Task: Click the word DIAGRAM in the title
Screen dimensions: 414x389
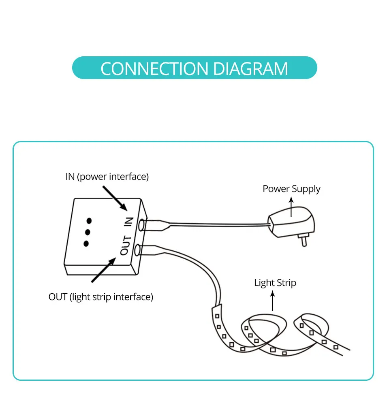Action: point(250,68)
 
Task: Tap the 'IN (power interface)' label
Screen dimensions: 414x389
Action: point(107,177)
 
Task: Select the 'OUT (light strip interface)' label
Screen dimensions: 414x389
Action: point(101,297)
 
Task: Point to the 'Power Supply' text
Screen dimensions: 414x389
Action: point(291,189)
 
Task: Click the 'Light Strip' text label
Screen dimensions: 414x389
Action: point(275,283)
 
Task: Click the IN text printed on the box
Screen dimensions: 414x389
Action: point(128,221)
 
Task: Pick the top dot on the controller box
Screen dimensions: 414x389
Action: point(89,221)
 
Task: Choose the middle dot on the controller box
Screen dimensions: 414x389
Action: point(87,232)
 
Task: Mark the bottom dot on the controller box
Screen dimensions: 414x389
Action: point(85,243)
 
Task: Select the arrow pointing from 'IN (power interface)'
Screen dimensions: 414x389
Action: point(115,198)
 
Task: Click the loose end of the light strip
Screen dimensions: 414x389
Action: point(344,351)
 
